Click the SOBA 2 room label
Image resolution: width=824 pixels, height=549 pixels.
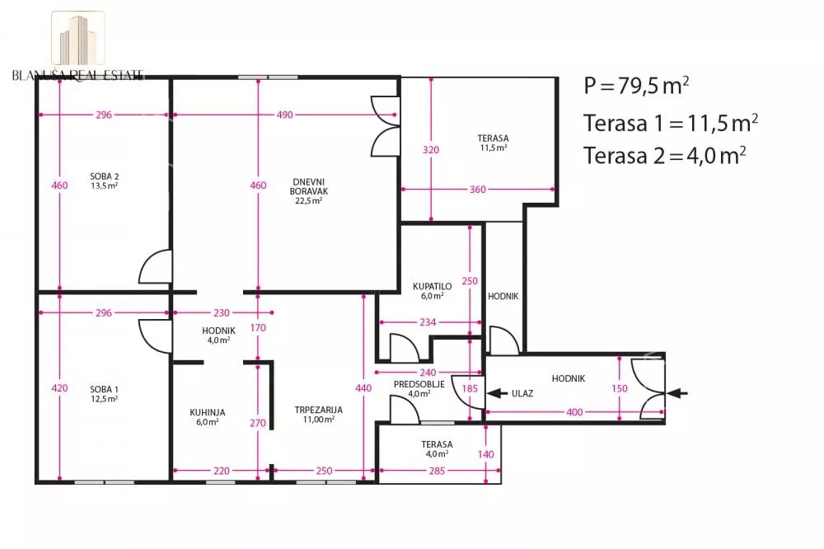coord(104,176)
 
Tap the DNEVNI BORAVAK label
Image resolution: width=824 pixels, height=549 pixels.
coord(308,186)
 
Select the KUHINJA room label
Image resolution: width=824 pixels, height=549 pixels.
coord(208,413)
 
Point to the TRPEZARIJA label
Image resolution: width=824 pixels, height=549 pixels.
coord(318,410)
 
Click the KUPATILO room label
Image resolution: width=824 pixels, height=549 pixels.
coord(432,287)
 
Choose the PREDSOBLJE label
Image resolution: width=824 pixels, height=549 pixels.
coord(419,384)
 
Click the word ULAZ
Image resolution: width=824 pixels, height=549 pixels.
coord(522,393)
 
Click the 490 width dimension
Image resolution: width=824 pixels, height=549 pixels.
coord(285,115)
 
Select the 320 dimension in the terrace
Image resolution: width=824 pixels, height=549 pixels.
coord(431,150)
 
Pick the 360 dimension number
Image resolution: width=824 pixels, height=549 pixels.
coord(478,190)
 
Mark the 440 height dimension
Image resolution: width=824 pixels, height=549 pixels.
coord(363,388)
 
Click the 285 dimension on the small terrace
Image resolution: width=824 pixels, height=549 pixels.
coord(437,471)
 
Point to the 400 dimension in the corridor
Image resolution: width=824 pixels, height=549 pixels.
coord(574,412)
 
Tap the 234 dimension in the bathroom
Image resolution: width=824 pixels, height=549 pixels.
coord(428,321)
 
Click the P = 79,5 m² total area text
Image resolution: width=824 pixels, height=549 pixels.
coord(636,86)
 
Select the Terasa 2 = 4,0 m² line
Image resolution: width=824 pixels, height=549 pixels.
coord(665,156)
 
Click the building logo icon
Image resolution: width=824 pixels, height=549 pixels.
coord(78,39)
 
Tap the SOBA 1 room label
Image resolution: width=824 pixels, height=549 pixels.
coord(104,390)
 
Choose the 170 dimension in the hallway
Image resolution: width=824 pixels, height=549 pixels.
coord(257,327)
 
